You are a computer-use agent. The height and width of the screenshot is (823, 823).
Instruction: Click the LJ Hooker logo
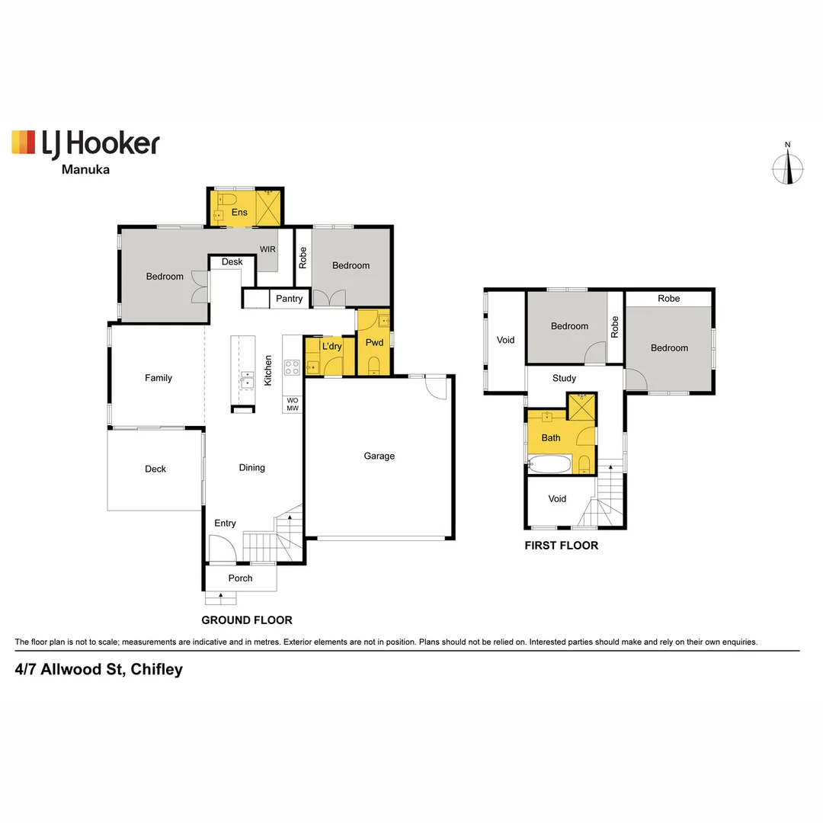85,143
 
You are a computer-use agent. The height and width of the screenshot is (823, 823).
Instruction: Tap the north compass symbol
788,168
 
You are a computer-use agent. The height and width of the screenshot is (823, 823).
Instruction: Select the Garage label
379,456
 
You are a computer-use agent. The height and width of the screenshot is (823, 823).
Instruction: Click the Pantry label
289,299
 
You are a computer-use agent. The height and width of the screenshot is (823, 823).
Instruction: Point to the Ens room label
239,213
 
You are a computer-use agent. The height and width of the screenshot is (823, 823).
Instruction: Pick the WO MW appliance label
292,404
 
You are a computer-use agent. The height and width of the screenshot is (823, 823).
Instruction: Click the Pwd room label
374,342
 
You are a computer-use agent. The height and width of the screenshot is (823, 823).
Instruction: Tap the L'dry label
331,346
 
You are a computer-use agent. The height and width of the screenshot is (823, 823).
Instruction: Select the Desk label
232,261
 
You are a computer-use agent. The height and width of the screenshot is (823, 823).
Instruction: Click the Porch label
240,578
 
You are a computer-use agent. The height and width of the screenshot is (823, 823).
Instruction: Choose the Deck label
155,469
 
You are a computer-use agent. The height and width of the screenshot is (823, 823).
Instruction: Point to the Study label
564,378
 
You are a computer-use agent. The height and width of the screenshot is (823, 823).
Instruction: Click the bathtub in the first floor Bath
549,463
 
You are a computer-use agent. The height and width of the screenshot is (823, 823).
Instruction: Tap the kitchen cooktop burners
292,367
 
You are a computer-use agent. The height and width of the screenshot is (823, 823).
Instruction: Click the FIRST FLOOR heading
561,546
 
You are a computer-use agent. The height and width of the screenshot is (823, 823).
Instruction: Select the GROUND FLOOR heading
246,620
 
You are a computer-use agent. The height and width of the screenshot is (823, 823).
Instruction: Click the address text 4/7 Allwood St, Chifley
99,670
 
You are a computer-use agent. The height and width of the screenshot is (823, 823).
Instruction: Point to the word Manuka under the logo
85,169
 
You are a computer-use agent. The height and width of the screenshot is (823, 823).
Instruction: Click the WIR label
267,249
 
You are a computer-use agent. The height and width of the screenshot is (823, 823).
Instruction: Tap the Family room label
159,378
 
